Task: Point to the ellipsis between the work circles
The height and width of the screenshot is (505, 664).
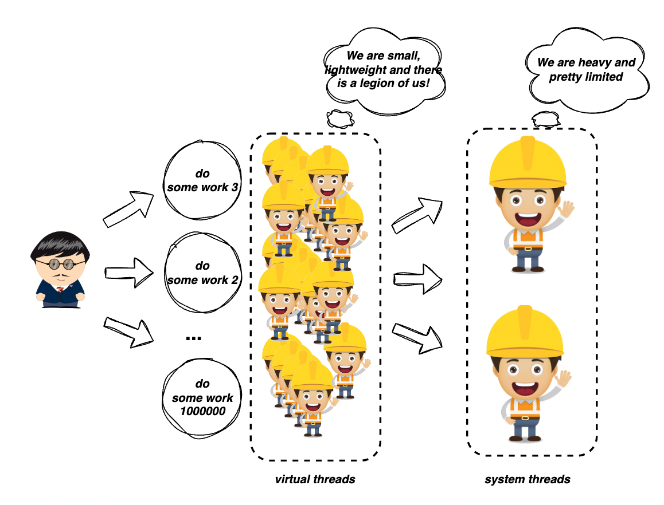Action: [194, 338]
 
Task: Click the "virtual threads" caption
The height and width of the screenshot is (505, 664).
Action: [315, 479]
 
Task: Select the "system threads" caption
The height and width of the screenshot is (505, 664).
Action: [528, 479]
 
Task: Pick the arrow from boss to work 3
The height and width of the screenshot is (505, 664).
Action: [129, 208]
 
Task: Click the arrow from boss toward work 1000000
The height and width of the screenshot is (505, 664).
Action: [128, 332]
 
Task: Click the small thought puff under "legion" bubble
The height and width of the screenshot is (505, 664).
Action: [339, 119]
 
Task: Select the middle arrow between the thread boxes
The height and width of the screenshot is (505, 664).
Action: [419, 279]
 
